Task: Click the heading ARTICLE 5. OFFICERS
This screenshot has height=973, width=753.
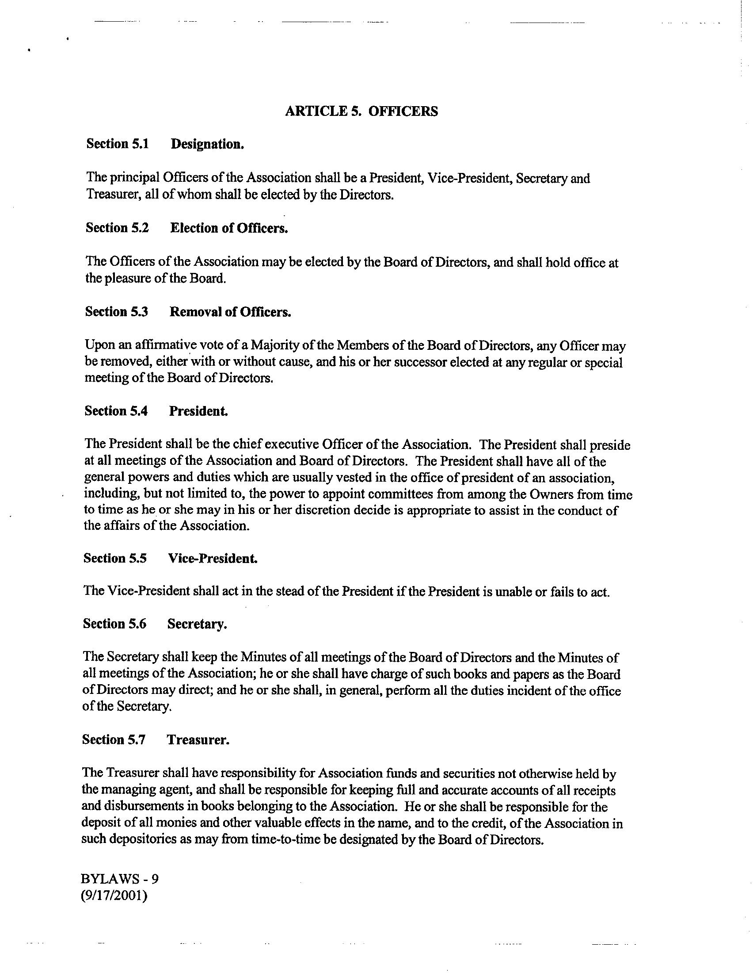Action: point(361,111)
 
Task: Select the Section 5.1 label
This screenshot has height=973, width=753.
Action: point(118,144)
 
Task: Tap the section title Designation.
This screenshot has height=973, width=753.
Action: point(207,144)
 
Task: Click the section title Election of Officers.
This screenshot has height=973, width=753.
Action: point(229,228)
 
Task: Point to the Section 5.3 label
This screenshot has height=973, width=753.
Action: point(116,311)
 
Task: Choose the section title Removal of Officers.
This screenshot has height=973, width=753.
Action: point(230,312)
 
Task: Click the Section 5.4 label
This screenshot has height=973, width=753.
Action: point(116,411)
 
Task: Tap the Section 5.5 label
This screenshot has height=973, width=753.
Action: point(115,558)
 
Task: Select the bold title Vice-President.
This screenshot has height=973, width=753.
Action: point(213,559)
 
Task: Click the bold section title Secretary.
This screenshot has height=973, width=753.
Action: point(197,624)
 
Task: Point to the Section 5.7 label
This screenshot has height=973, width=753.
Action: point(114,739)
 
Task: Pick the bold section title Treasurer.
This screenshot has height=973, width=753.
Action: point(198,740)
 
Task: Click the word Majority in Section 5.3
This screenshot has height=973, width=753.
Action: point(273,346)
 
